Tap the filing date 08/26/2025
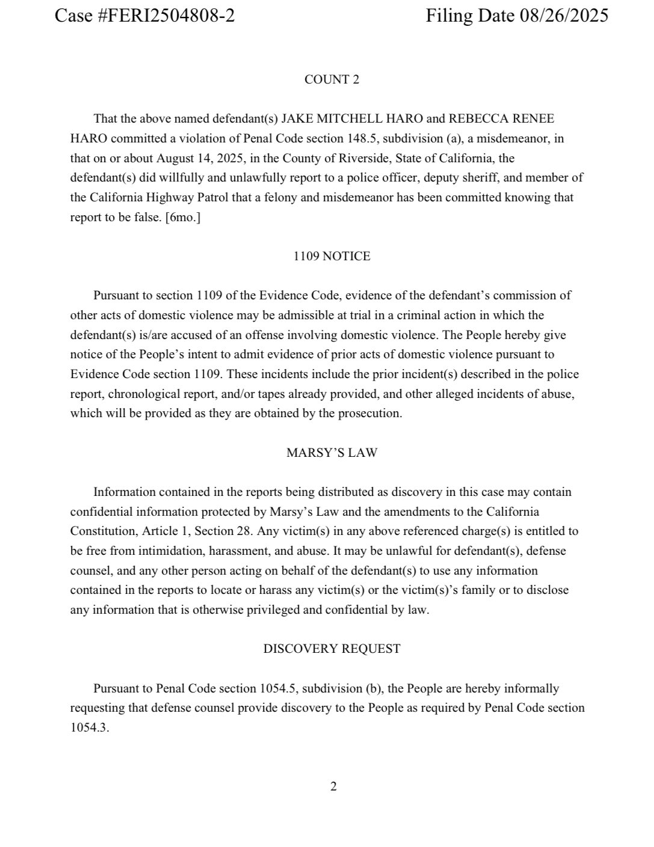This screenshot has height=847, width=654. tap(564, 16)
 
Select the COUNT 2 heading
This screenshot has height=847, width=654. tap(332, 79)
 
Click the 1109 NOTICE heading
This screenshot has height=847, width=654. tap(332, 256)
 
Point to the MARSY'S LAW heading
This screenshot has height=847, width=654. tap(332, 453)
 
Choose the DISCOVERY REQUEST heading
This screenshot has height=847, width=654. tap(332, 649)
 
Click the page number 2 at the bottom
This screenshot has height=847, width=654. tap(333, 786)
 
